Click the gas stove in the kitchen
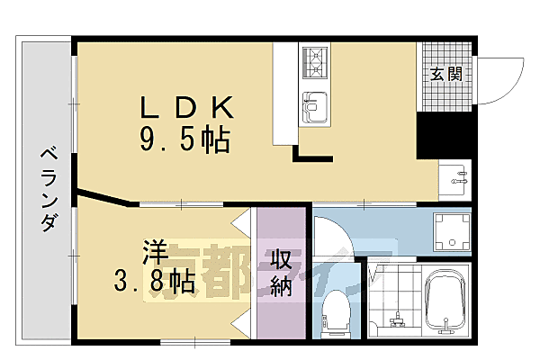318,63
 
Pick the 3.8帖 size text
156,283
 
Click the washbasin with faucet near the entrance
454,178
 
